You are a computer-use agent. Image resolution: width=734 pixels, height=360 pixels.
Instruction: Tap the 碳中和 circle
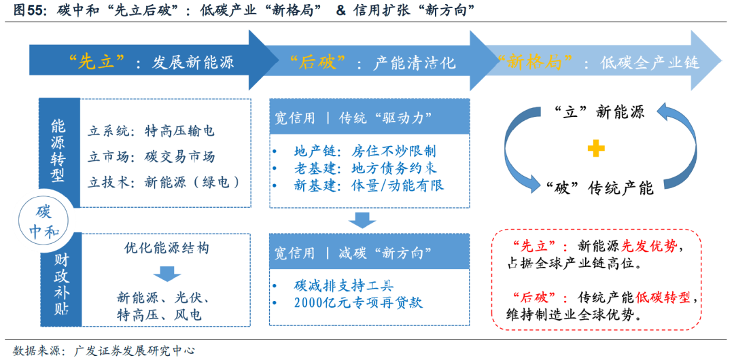click(43, 221)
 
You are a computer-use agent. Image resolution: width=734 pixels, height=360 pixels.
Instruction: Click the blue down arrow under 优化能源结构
click(166, 273)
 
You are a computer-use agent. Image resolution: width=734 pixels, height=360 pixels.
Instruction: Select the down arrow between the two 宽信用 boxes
click(363, 220)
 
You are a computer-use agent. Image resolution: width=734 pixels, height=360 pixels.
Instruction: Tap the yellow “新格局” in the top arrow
click(538, 62)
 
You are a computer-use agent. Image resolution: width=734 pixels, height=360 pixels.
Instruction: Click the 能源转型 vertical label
click(58, 151)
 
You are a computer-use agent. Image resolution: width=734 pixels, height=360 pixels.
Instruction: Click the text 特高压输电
click(179, 131)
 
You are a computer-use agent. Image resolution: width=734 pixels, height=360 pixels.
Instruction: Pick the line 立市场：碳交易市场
click(152, 157)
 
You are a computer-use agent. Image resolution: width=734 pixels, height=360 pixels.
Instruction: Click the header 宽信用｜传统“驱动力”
click(353, 118)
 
